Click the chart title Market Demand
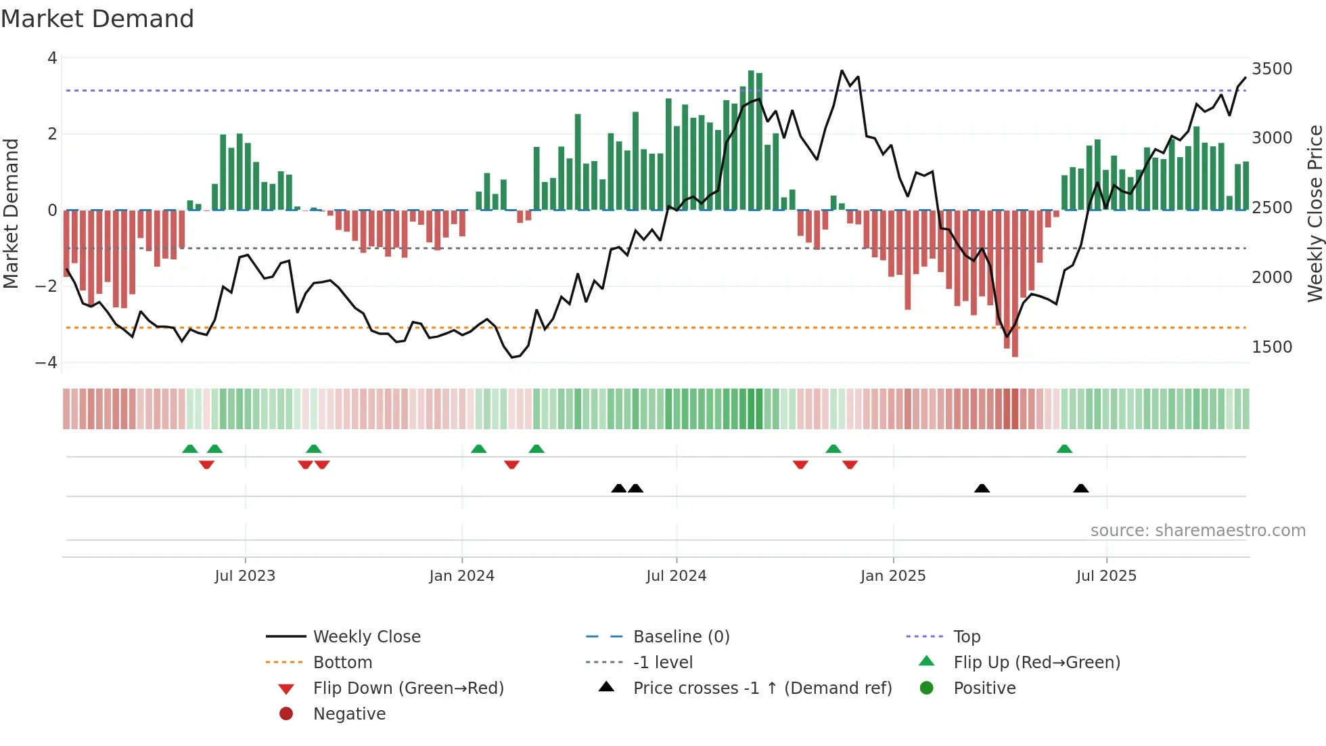coord(97,18)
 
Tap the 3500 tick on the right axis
coord(1272,68)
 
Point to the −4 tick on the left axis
coord(46,363)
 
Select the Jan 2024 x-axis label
coord(461,575)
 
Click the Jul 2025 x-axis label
coord(1106,575)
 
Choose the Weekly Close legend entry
coord(366,636)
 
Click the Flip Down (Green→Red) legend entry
coord(408,688)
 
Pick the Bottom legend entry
coord(342,662)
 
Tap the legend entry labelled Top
coord(966,636)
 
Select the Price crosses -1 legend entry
coord(762,688)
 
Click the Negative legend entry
coord(349,714)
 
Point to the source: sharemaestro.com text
coord(1197,530)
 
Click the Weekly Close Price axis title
coord(1314,213)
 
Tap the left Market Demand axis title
coord(12,213)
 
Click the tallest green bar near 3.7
coord(751,139)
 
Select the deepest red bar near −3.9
coord(1015,284)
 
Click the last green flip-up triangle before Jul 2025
coord(1064,449)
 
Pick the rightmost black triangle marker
coord(1080,488)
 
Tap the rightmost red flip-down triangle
coord(850,464)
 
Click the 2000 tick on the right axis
coord(1272,277)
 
